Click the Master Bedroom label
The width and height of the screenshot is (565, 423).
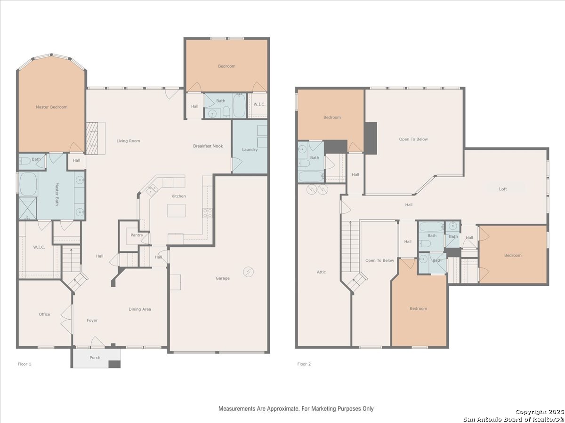(x=51, y=107)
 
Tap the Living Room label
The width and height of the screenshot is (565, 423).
(x=128, y=141)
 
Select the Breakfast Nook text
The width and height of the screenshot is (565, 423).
(x=208, y=146)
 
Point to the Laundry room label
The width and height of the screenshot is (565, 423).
(x=250, y=150)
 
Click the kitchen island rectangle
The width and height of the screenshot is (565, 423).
(x=176, y=211)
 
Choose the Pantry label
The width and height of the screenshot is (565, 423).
(x=137, y=235)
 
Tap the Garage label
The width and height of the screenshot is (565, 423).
(x=223, y=278)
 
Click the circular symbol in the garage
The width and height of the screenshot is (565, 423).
(x=249, y=272)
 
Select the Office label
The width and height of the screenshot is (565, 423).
(x=44, y=314)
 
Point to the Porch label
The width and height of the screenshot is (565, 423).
(x=95, y=358)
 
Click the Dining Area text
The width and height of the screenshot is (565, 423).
(x=140, y=309)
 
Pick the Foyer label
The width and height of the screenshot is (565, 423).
(x=92, y=321)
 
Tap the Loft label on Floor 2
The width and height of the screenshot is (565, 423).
(x=503, y=189)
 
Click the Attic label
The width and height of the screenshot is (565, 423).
(x=321, y=272)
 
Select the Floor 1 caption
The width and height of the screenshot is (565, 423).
(x=24, y=364)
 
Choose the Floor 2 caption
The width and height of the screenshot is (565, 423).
(x=304, y=364)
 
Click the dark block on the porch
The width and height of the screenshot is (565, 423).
(x=114, y=364)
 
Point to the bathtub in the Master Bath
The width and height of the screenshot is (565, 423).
(x=28, y=184)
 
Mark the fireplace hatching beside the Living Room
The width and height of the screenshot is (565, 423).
(x=92, y=139)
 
